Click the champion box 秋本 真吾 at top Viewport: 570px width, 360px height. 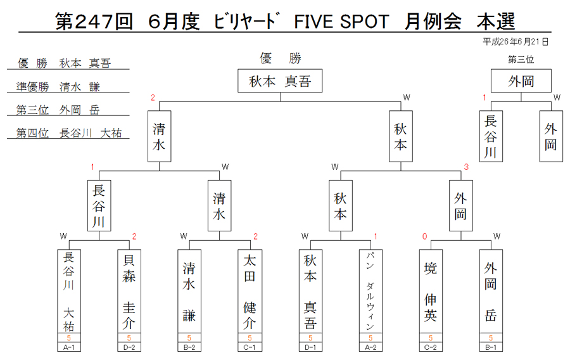(280, 80)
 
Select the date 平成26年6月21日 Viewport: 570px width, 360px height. (515, 42)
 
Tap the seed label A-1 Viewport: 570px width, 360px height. (68, 347)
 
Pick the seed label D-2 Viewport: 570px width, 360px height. (129, 347)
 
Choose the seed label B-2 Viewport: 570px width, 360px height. (189, 347)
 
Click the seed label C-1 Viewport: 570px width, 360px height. (250, 347)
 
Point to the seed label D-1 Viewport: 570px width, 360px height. (310, 347)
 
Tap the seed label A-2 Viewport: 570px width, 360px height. (370, 347)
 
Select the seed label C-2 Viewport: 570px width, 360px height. (431, 347)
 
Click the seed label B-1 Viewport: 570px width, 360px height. (491, 347)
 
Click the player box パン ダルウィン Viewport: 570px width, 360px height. (370, 292)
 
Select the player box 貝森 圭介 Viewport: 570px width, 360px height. (129, 292)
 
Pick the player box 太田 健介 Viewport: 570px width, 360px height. (250, 292)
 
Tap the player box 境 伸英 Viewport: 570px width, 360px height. (431, 292)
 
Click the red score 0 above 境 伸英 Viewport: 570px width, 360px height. (424, 236)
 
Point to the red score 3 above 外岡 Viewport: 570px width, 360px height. (466, 167)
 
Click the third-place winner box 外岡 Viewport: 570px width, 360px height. (521, 80)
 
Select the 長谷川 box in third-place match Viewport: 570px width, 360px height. (491, 136)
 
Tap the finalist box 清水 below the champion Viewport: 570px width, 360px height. (159, 136)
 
